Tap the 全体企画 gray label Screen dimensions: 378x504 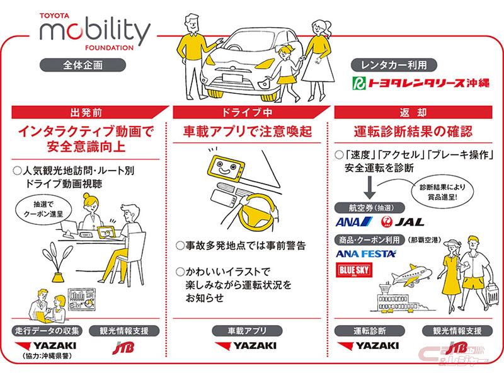(83, 64)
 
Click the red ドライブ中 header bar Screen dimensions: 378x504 (252, 112)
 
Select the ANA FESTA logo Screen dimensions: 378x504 (366, 253)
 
